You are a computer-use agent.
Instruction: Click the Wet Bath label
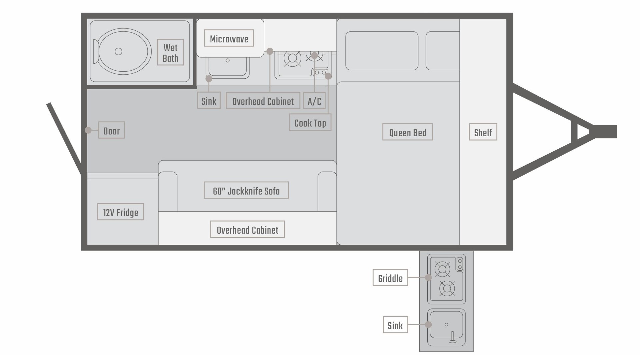pyautogui.click(x=170, y=53)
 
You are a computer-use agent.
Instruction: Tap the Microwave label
pyautogui.click(x=229, y=39)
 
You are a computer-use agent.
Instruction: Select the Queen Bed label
pyautogui.click(x=407, y=132)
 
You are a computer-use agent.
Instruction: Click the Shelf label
pyautogui.click(x=483, y=132)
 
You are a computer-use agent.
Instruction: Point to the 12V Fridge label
pyautogui.click(x=121, y=212)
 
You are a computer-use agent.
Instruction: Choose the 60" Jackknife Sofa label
pyautogui.click(x=246, y=191)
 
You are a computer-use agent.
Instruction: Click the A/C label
pyautogui.click(x=314, y=101)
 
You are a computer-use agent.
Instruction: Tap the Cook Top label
pyautogui.click(x=310, y=123)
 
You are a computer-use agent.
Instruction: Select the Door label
pyautogui.click(x=111, y=130)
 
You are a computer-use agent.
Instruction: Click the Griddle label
pyautogui.click(x=390, y=278)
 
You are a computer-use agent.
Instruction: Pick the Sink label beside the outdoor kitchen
pyautogui.click(x=395, y=325)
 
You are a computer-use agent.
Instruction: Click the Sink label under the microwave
pyautogui.click(x=209, y=101)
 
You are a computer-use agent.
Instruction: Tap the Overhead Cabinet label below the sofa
pyautogui.click(x=247, y=230)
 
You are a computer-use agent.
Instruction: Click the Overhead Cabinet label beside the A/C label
pyautogui.click(x=263, y=101)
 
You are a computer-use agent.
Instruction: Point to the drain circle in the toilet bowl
pyautogui.click(x=118, y=51)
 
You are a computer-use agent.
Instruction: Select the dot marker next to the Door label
pyautogui.click(x=88, y=130)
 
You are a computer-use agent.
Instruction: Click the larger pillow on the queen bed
pyautogui.click(x=382, y=51)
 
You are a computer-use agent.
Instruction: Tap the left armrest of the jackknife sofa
pyautogui.click(x=168, y=192)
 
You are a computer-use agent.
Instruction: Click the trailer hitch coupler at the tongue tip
pyautogui.click(x=605, y=131)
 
